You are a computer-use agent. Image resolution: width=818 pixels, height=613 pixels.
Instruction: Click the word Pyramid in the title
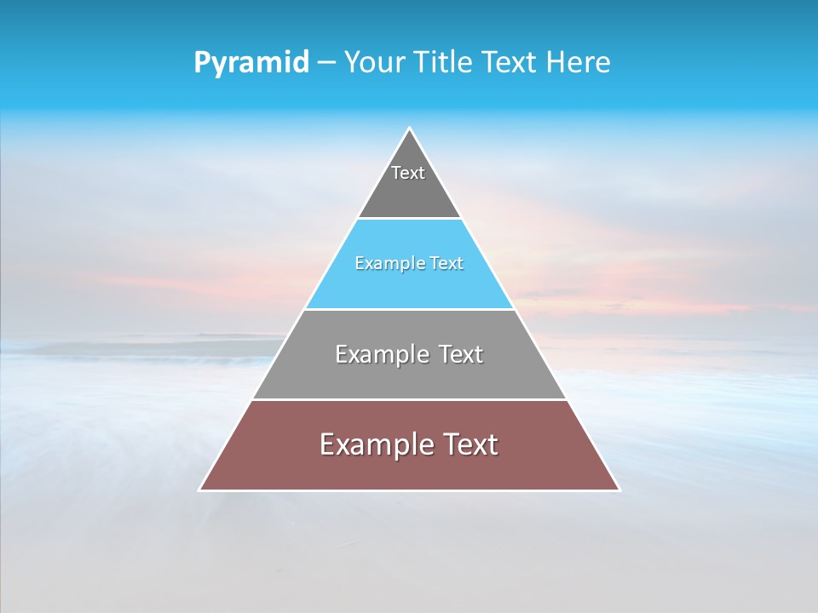[x=251, y=63]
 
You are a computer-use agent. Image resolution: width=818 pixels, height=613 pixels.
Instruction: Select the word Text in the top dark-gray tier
[x=408, y=173]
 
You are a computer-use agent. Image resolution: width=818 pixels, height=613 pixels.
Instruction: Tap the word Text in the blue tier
[x=443, y=264]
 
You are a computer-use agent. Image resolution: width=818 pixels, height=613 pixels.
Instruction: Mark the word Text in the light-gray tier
[x=460, y=354]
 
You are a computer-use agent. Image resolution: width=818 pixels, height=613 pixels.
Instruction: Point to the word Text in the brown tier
[x=469, y=444]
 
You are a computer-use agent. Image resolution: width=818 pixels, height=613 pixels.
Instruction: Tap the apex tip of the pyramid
[x=409, y=129]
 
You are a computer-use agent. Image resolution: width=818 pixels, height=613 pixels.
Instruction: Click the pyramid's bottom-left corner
[x=200, y=490]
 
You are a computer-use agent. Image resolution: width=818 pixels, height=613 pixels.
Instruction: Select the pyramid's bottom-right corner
[x=619, y=490]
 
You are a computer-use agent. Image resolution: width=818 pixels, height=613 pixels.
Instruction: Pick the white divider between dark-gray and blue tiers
[x=409, y=219]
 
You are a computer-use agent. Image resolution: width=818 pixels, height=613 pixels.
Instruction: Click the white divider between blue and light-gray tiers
[x=409, y=309]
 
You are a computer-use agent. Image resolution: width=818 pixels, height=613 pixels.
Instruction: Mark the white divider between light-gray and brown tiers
[x=409, y=399]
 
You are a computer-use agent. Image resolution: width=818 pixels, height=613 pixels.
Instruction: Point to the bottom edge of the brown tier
[x=409, y=490]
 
